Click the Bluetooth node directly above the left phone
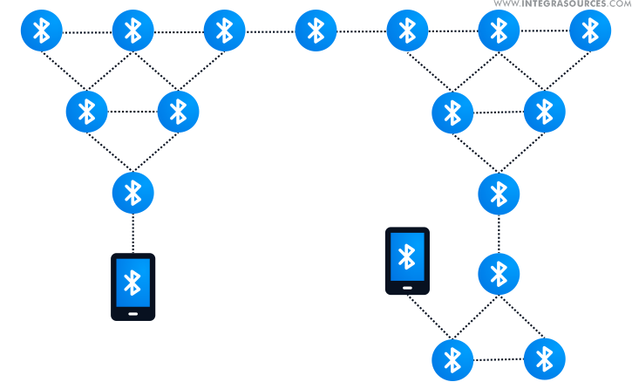pos(133,192)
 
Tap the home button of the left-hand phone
pos(133,312)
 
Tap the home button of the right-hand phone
pos(407,285)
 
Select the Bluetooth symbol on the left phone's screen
pos(133,282)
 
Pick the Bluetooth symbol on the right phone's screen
pos(407,256)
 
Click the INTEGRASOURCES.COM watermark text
pos(561,5)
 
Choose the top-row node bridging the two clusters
pos(316,31)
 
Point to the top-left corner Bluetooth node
pos(41,31)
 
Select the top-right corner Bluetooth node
pos(590,31)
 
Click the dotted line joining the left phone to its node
pos(133,232)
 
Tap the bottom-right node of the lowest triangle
pos(545,358)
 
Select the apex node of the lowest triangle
pos(499,274)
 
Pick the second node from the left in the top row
pos(133,31)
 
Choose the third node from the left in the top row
pos(224,31)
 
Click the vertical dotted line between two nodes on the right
pos(499,233)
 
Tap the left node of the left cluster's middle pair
pos(86,111)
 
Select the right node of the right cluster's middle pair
pos(545,111)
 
